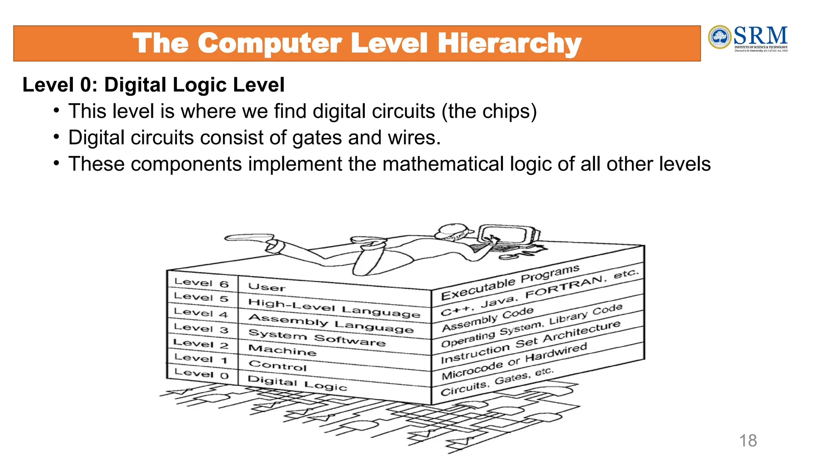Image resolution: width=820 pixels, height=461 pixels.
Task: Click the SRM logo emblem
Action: [720, 37]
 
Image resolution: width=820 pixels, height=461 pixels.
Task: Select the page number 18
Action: [748, 441]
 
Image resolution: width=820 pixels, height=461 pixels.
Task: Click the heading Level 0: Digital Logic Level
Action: [153, 85]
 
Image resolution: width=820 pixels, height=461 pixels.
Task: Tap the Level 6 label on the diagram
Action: [201, 283]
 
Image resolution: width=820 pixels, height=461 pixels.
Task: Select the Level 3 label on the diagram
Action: [201, 328]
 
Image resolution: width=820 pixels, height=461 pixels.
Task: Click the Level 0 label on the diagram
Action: [201, 373]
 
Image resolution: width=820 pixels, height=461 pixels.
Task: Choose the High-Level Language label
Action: [334, 308]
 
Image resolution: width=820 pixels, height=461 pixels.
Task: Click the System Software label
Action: [317, 338]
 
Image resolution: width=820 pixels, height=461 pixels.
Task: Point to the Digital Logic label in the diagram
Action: [297, 383]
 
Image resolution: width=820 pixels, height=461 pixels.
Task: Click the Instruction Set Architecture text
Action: [531, 341]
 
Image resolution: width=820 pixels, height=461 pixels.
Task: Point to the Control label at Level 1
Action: [277, 365]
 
